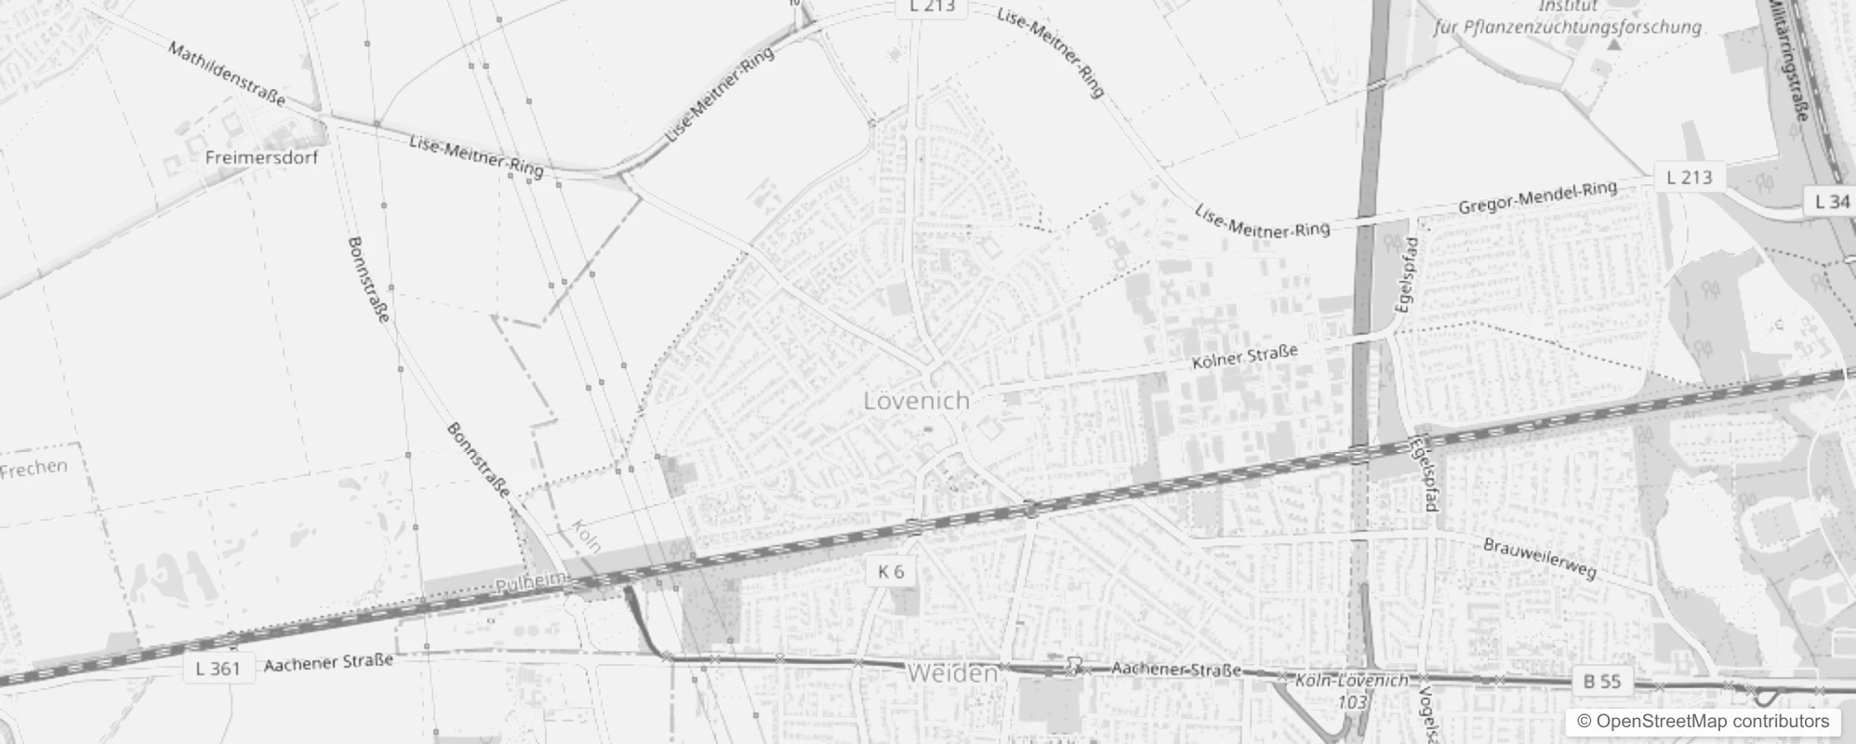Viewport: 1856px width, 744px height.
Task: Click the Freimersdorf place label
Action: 261,157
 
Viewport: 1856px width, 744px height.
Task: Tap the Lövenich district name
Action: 916,401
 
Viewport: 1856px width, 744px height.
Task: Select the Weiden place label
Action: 952,673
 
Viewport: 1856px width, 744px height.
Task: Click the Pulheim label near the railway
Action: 531,583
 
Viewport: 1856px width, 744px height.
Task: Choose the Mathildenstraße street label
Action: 227,73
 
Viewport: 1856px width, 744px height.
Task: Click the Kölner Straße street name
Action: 1244,356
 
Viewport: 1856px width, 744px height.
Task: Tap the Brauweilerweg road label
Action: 1540,558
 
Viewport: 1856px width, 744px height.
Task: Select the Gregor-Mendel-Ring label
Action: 1537,196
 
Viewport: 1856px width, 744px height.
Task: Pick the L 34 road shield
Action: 1832,200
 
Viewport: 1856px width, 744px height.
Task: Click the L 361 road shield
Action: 218,668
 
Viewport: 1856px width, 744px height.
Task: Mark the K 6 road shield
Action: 890,571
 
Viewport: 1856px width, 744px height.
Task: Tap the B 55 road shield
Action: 1601,682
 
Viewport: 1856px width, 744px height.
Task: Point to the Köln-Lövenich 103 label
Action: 1352,691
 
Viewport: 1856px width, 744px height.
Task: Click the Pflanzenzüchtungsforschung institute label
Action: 1568,27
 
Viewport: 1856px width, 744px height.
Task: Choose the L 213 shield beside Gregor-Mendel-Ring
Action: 1690,177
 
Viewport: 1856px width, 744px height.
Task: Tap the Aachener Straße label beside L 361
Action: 328,663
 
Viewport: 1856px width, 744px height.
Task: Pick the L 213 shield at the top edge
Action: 932,7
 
